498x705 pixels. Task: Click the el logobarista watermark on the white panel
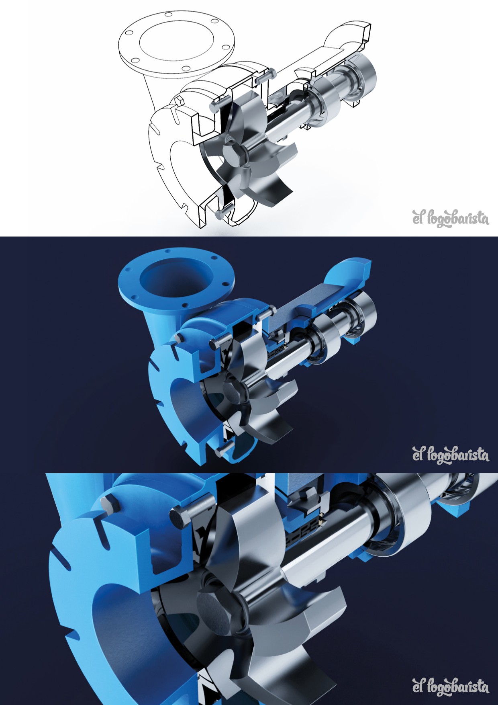451,218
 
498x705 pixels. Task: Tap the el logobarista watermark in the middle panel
451,455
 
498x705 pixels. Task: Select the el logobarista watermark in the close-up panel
451,687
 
